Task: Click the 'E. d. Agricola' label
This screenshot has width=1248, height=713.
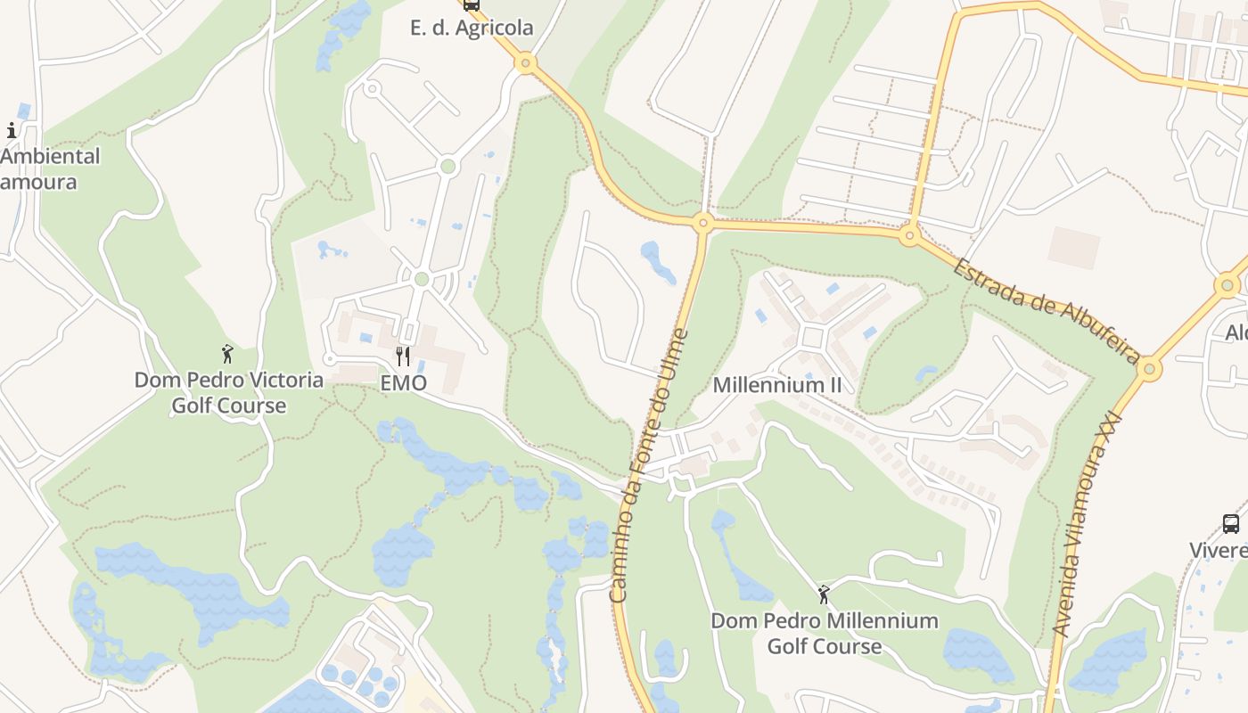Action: pyautogui.click(x=472, y=28)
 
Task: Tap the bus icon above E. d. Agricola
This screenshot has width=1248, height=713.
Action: pyautogui.click(x=472, y=4)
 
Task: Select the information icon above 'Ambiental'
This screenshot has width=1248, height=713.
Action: pyautogui.click(x=12, y=131)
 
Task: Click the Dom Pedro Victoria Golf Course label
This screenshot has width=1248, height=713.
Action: pyautogui.click(x=229, y=392)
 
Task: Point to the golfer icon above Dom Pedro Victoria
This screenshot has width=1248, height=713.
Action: pyautogui.click(x=227, y=354)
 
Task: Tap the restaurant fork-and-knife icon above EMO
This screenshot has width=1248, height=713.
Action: pyautogui.click(x=403, y=356)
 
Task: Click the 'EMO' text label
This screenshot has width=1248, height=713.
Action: pyautogui.click(x=403, y=383)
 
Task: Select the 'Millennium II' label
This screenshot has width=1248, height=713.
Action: pyautogui.click(x=777, y=385)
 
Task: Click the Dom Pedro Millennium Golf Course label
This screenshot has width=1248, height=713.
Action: pyautogui.click(x=825, y=633)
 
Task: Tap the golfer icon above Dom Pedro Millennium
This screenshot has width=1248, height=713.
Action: pyautogui.click(x=824, y=594)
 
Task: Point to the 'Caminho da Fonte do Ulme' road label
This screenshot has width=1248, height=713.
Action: pyautogui.click(x=649, y=465)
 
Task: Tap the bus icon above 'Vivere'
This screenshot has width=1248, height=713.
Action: pyautogui.click(x=1231, y=524)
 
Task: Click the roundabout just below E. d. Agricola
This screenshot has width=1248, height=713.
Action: pyautogui.click(x=526, y=62)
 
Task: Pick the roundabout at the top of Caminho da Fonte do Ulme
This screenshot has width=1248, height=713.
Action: pyautogui.click(x=702, y=223)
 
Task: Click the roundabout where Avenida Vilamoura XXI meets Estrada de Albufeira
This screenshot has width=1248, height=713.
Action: pyautogui.click(x=1150, y=368)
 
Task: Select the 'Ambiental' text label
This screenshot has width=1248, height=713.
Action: pyautogui.click(x=51, y=156)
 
